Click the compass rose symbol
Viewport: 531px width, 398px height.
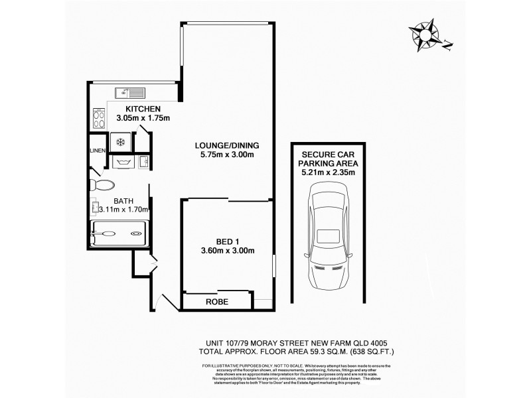point(425,34)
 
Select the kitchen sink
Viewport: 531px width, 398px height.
point(129,92)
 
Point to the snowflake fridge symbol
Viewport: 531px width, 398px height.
point(120,142)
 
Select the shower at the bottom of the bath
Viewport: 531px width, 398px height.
point(119,234)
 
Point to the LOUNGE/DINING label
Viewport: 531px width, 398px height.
point(226,145)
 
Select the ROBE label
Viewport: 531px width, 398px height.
point(217,301)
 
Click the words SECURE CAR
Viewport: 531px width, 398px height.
point(327,153)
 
